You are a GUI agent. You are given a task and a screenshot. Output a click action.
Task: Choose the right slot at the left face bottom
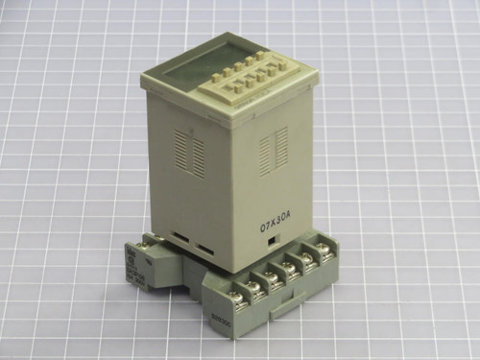pos(205,249)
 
